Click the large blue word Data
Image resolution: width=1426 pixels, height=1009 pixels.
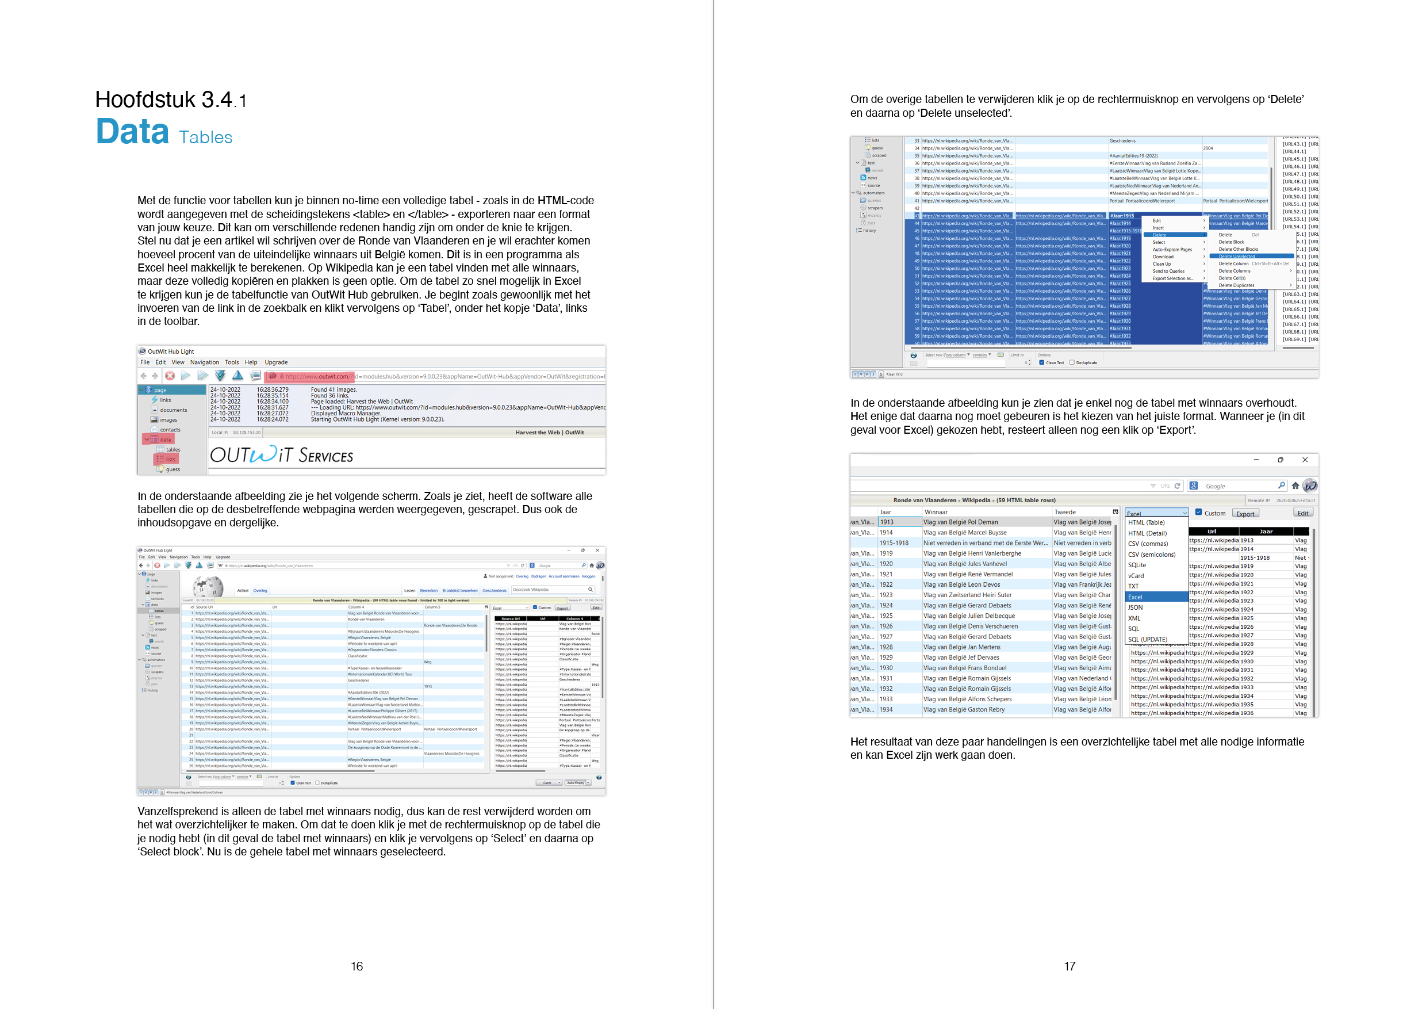(132, 132)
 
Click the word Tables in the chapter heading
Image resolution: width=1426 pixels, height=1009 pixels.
(206, 137)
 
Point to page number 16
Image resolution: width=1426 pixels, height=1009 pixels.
(356, 966)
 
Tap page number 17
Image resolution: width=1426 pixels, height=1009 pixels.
(1069, 966)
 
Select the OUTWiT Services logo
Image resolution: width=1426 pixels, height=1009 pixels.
(281, 456)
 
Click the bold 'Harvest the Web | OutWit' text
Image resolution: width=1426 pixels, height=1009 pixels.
(549, 433)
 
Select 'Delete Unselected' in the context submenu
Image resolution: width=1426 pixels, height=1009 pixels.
(1237, 256)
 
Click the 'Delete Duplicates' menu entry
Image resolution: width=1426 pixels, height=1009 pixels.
(1236, 285)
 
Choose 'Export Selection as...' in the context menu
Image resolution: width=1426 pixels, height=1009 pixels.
(1172, 278)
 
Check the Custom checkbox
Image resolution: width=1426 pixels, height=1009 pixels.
(1199, 513)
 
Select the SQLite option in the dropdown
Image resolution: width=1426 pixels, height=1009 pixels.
(1137, 565)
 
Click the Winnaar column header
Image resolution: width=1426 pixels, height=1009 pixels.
(936, 512)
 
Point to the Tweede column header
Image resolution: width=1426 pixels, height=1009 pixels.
(1065, 512)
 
